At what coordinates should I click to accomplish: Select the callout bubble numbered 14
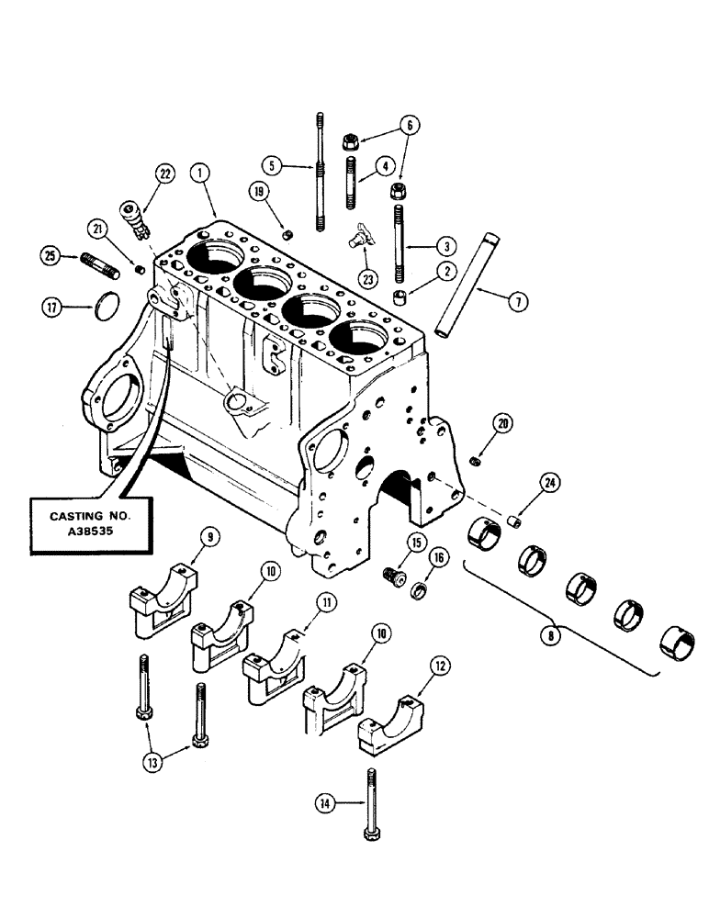click(322, 803)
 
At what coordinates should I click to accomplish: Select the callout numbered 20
click(501, 423)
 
